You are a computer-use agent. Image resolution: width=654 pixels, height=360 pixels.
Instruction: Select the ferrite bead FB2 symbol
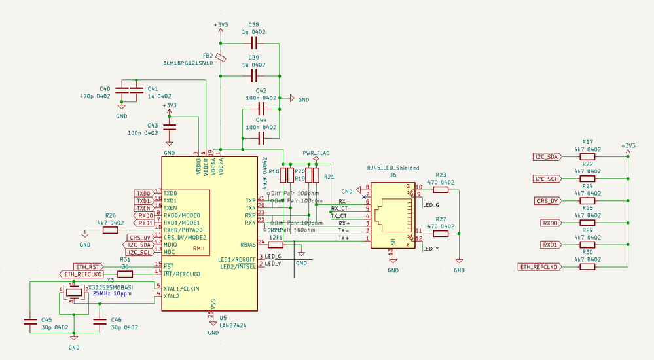pyautogui.click(x=221, y=58)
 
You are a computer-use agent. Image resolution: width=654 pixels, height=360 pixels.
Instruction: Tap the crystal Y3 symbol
pyautogui.click(x=74, y=292)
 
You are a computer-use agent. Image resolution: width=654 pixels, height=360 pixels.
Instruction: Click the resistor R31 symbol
pyautogui.click(x=124, y=274)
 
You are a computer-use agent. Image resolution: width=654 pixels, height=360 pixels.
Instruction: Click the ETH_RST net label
pyautogui.click(x=87, y=266)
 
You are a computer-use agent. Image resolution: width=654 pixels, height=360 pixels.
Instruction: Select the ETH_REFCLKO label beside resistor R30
pyautogui.click(x=539, y=266)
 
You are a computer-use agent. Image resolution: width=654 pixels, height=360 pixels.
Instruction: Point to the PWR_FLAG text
pyautogui.click(x=316, y=153)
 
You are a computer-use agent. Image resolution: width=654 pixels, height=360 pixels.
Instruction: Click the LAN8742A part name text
pyautogui.click(x=233, y=325)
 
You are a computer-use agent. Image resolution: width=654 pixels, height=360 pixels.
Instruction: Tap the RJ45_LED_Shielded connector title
pyautogui.click(x=393, y=168)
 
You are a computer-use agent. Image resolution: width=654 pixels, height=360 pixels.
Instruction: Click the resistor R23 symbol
pyautogui.click(x=441, y=190)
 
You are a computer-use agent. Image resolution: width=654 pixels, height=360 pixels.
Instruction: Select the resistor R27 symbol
pyautogui.click(x=441, y=234)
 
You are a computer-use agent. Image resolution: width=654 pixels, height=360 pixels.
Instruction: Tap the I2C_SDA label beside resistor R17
pyautogui.click(x=547, y=157)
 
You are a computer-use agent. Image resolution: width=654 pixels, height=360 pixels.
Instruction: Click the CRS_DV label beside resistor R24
pyautogui.click(x=548, y=200)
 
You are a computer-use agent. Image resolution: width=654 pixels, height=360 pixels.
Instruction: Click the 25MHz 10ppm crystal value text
pyautogui.click(x=113, y=294)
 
